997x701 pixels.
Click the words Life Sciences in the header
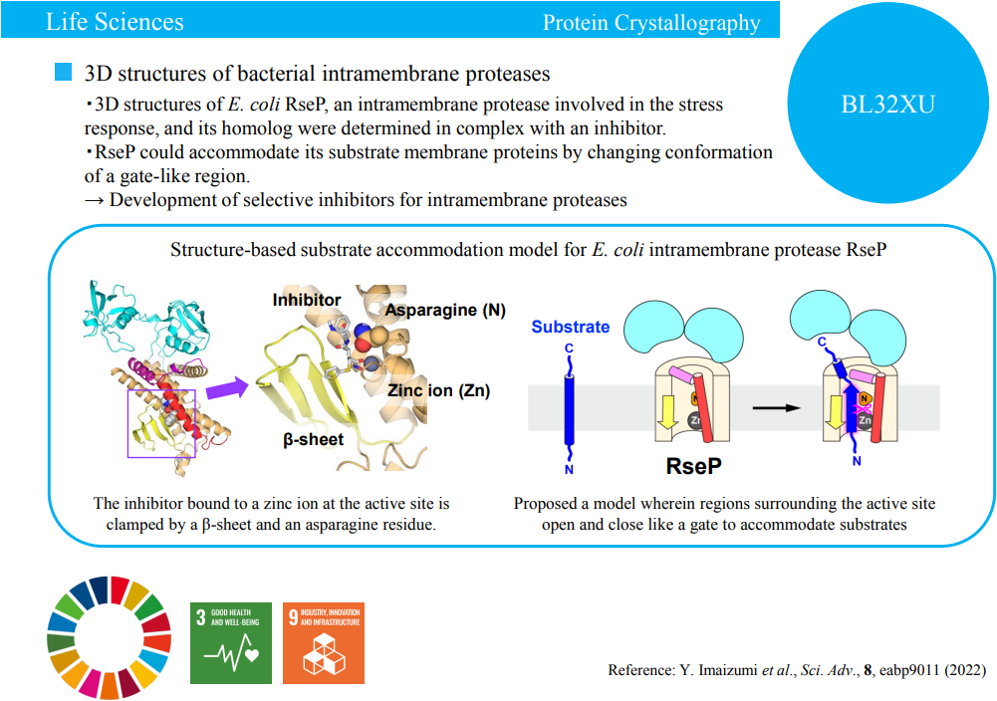click(x=115, y=21)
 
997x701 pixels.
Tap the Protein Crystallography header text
click(x=651, y=23)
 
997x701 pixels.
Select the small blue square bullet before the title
click(x=64, y=73)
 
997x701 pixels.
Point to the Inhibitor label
click(x=307, y=300)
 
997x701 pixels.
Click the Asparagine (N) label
click(x=445, y=310)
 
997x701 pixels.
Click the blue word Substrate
click(x=570, y=327)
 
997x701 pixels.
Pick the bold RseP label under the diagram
click(x=693, y=466)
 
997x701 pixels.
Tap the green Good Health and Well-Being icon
click(x=231, y=642)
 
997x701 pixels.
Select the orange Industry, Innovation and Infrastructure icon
click(x=324, y=642)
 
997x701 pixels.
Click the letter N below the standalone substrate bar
click(x=570, y=468)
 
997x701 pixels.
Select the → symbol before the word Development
click(x=96, y=200)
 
